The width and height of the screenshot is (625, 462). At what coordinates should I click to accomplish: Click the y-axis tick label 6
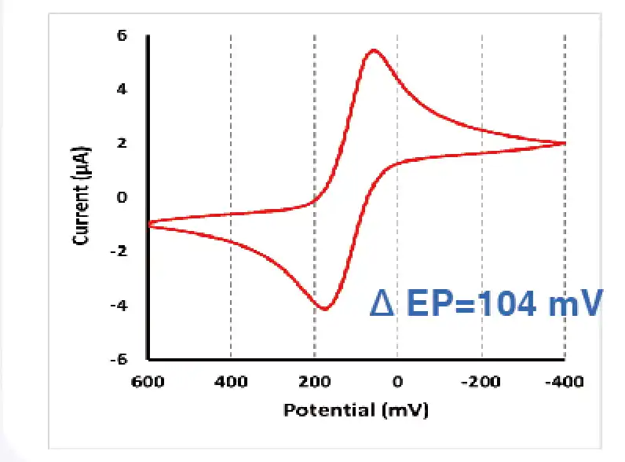coord(122,35)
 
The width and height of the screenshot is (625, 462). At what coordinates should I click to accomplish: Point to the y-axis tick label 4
coord(122,90)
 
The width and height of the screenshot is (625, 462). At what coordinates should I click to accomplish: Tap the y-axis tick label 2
coord(122,143)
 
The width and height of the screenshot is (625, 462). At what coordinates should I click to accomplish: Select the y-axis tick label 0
coord(122,197)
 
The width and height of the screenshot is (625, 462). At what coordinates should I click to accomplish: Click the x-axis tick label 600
coord(148,382)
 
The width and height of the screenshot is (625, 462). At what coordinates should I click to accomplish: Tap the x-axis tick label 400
coord(231,382)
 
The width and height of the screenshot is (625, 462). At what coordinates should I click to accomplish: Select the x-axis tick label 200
coord(314,382)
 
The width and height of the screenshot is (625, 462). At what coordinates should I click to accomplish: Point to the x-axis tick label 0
coord(397,382)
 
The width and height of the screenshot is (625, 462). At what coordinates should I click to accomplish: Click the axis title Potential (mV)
coord(356,409)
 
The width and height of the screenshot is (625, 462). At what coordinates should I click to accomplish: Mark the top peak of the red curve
coord(374,50)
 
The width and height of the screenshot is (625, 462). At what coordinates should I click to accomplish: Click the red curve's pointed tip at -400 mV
coord(565,143)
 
